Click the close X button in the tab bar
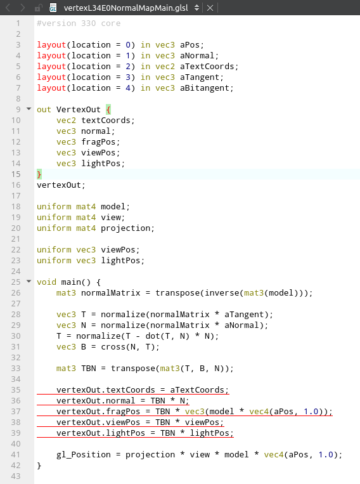(210, 8)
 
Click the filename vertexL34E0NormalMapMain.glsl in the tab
(125, 8)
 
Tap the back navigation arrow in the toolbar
(8, 8)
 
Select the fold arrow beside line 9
(29, 108)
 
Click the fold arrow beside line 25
(29, 281)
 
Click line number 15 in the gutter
(16, 174)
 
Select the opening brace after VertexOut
(108, 110)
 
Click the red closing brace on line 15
(39, 174)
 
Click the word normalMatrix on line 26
(110, 292)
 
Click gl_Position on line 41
(83, 455)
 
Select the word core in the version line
(110, 23)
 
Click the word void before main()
(46, 282)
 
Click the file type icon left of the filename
(53, 8)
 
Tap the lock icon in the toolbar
(38, 8)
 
